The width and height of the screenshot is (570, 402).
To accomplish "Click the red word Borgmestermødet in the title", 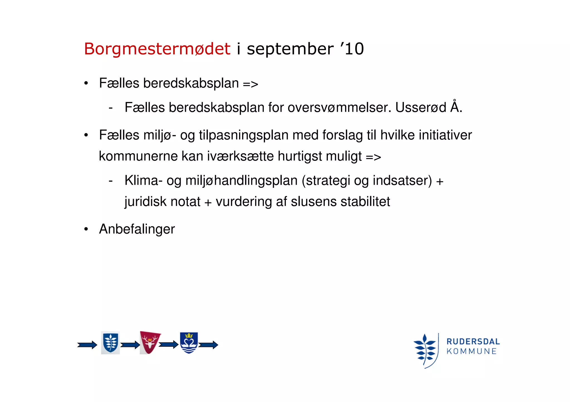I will [157, 49].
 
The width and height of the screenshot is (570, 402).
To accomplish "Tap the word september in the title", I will [290, 49].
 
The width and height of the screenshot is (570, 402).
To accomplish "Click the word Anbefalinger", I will [137, 229].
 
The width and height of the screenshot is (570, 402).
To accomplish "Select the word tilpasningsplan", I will [244, 135].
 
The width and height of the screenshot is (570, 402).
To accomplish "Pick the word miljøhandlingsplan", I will [242, 181].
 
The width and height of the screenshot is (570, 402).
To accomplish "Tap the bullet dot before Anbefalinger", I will [86, 229].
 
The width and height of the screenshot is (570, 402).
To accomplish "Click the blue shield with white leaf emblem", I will [110, 343].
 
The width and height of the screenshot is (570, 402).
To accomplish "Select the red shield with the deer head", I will [150, 342].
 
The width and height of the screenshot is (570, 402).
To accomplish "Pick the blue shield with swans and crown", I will [189, 343].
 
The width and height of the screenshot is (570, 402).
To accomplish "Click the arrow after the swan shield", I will [208, 345].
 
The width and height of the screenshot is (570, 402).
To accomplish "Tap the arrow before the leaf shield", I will [87, 345].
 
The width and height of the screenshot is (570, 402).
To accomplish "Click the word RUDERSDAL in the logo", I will [473, 341].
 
